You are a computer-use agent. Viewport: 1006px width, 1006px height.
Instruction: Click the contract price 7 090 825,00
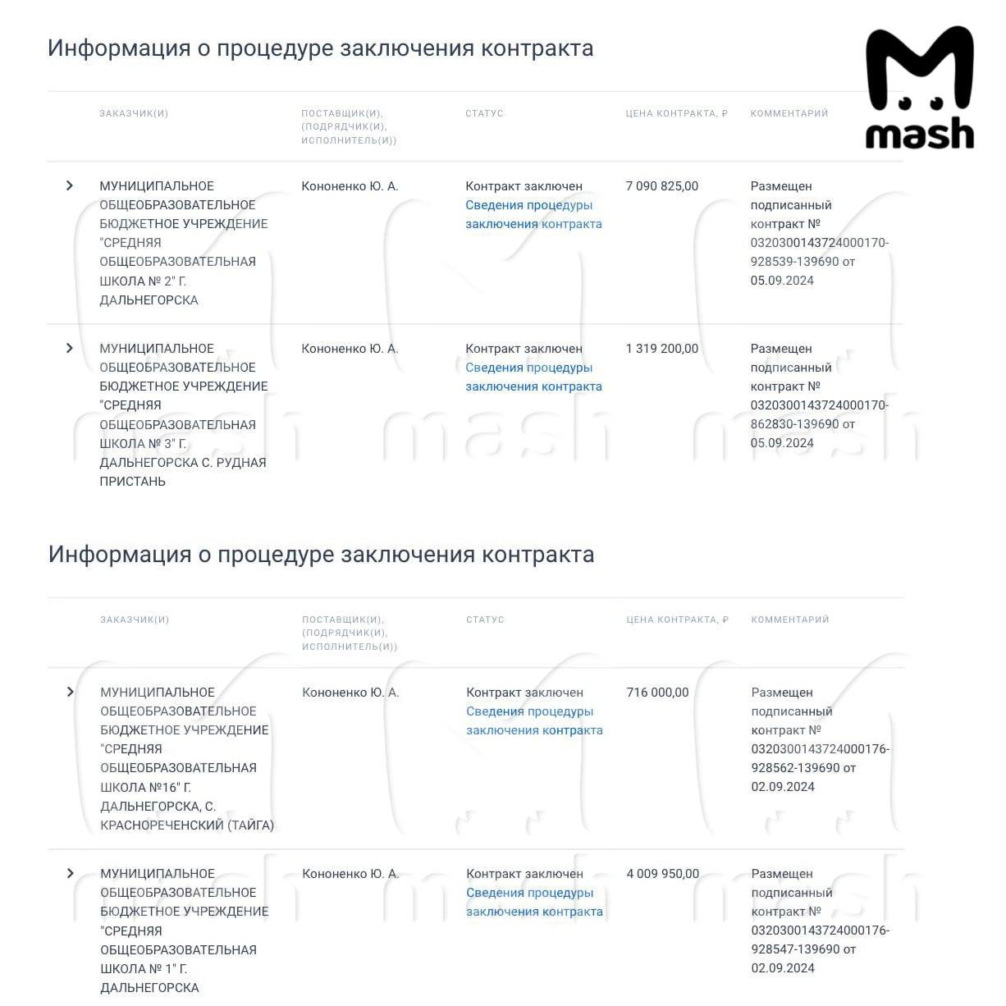(x=661, y=186)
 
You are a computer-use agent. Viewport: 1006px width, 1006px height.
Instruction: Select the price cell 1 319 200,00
(x=661, y=349)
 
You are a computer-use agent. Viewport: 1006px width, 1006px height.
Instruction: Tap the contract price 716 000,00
(x=657, y=693)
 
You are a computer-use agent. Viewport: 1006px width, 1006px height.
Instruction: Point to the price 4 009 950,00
(x=662, y=874)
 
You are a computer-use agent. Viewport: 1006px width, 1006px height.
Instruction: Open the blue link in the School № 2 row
(x=533, y=214)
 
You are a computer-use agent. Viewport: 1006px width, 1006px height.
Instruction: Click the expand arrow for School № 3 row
(x=70, y=349)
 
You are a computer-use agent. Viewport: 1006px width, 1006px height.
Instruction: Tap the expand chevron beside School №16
(x=70, y=693)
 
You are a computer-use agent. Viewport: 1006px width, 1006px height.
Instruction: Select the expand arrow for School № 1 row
(x=70, y=874)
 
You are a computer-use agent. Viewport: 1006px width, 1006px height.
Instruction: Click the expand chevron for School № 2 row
(x=70, y=186)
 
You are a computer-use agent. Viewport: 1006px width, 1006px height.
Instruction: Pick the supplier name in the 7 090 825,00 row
(x=350, y=186)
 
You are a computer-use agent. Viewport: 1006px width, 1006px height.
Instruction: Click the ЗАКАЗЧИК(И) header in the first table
(x=134, y=113)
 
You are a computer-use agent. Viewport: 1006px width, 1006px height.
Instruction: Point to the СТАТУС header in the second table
(x=485, y=620)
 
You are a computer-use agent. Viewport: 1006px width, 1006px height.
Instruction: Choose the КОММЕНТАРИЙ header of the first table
(x=789, y=113)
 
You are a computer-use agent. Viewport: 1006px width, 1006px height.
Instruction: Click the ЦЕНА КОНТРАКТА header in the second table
(x=677, y=620)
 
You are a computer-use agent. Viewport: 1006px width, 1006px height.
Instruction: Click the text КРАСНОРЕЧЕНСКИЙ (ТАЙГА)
(x=187, y=825)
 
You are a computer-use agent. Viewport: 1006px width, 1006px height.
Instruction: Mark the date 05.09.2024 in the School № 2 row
(x=782, y=281)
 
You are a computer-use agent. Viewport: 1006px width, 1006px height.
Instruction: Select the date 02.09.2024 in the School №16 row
(x=783, y=787)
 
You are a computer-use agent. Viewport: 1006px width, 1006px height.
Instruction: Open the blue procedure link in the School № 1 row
(x=533, y=902)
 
